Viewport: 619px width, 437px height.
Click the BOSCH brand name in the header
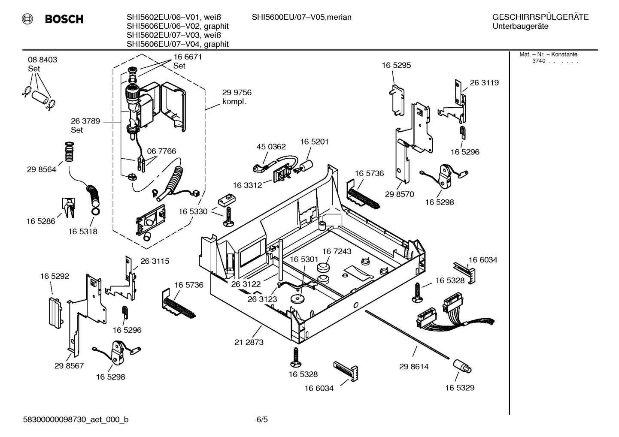tap(64, 19)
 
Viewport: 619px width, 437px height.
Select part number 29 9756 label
tap(237, 93)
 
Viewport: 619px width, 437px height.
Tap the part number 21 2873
tap(249, 342)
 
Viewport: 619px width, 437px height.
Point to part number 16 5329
tap(459, 388)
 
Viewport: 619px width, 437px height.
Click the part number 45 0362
tap(271, 147)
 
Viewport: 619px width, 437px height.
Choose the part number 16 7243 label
tap(337, 251)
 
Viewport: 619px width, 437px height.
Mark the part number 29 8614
tap(413, 367)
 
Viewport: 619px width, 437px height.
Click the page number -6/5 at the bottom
tap(261, 419)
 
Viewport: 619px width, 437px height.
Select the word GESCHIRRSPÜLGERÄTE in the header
tap(540, 17)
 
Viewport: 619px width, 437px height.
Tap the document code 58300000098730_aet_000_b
tap(76, 419)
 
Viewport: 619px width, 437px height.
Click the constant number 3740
tap(538, 61)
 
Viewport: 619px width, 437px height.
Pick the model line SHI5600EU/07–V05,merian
tap(301, 17)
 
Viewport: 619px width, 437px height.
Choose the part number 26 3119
tap(484, 83)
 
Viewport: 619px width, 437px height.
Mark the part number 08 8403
tap(42, 60)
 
